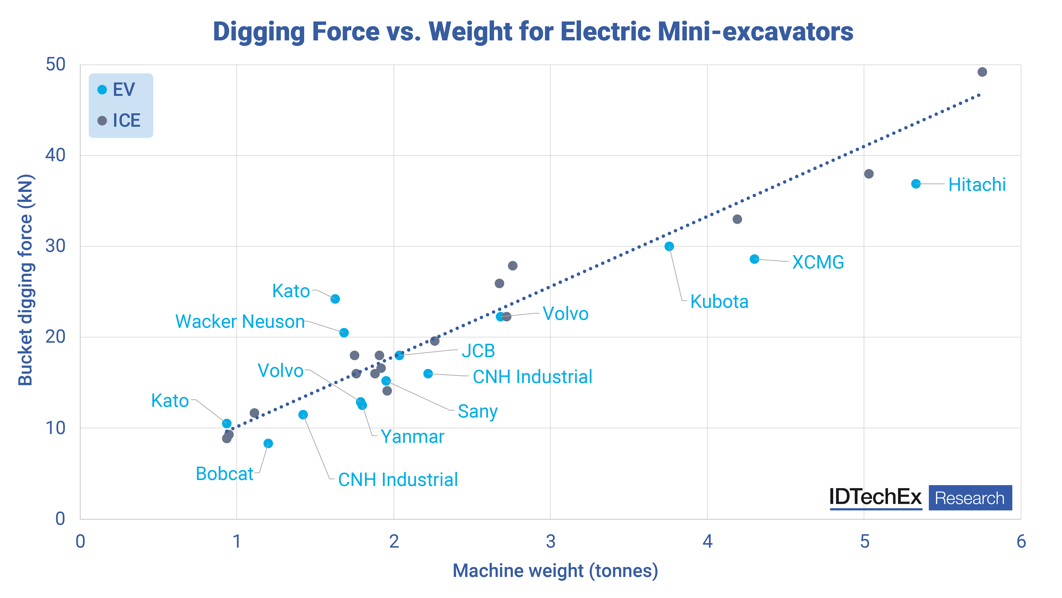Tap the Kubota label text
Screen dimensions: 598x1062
(x=719, y=302)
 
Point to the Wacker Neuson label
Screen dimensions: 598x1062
(x=240, y=321)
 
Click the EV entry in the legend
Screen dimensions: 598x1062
(x=123, y=89)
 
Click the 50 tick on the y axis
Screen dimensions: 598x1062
(x=56, y=65)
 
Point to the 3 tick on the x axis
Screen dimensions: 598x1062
(x=550, y=541)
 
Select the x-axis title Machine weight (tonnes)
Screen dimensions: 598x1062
(x=555, y=571)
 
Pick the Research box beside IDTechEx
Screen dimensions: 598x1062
(x=970, y=498)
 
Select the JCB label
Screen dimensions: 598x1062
(x=478, y=351)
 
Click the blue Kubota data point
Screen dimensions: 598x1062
(x=669, y=246)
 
